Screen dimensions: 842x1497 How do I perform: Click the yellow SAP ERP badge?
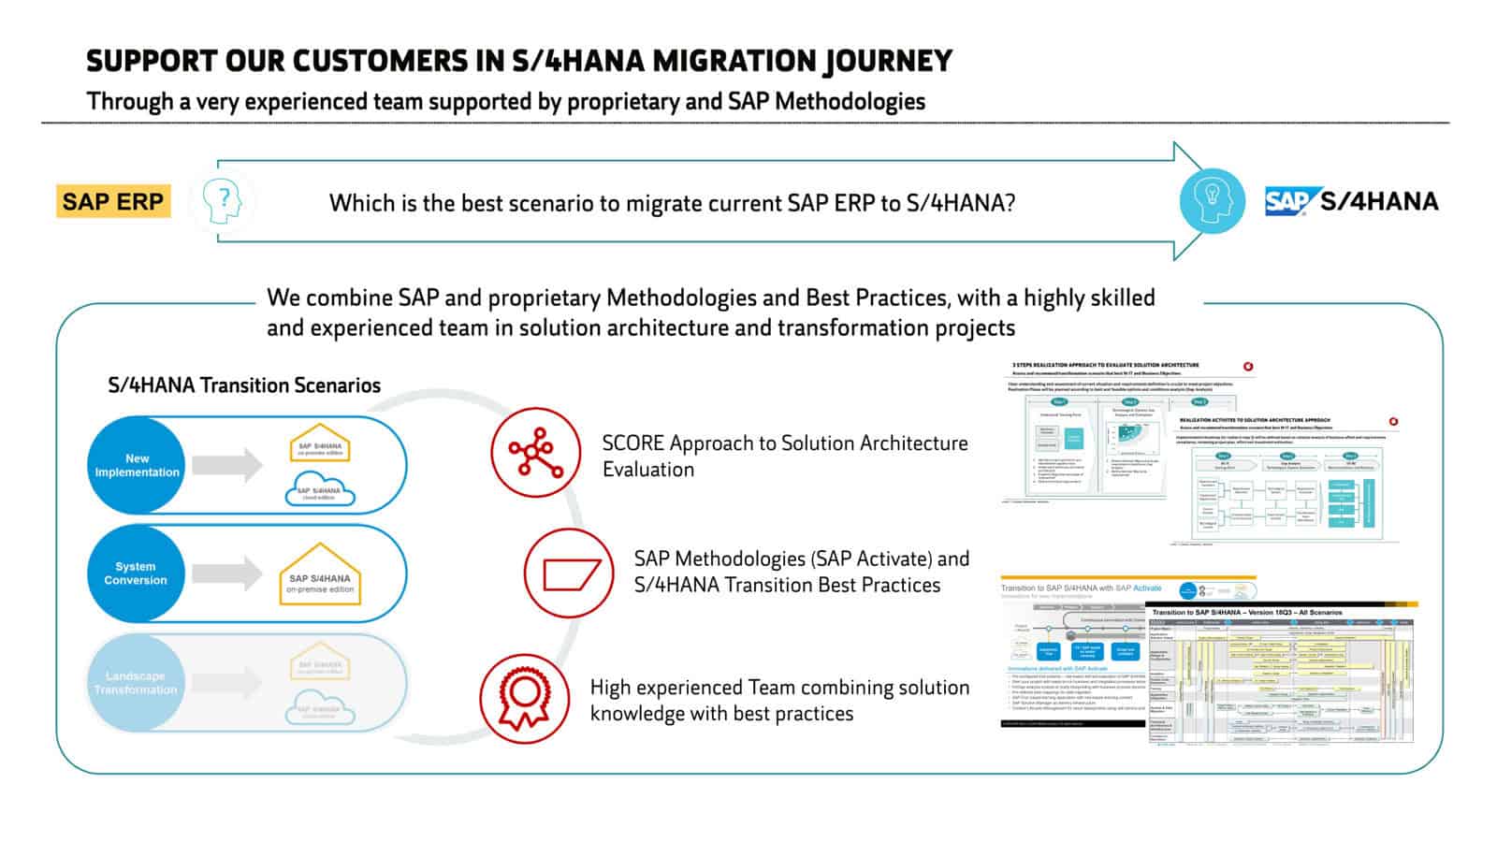113,201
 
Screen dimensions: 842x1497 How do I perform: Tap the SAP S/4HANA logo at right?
1351,201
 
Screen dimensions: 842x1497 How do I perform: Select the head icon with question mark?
222,201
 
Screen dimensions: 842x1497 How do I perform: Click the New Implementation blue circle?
137,465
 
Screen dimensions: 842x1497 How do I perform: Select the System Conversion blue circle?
136,573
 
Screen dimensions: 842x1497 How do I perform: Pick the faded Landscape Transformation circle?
136,683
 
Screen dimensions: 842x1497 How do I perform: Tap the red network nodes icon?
535,453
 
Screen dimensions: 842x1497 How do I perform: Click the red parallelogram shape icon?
569,573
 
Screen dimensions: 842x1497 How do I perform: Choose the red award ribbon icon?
524,699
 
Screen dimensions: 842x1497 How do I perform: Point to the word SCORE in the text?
633,443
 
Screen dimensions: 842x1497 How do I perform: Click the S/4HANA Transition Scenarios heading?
244,385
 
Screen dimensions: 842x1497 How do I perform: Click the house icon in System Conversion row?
319,573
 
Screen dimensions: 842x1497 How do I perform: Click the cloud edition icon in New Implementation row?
319,489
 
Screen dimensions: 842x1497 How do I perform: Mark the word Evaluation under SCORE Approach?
648,470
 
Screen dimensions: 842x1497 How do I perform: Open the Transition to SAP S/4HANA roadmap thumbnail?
1280,675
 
